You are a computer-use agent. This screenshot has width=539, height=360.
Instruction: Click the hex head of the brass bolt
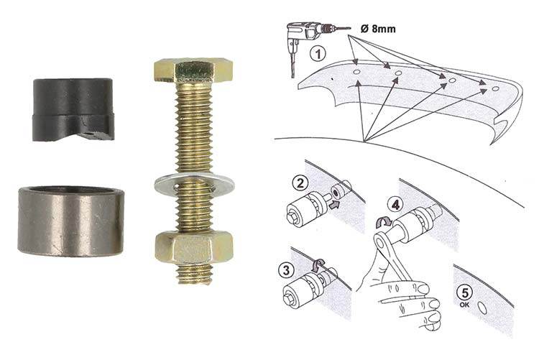point(193,71)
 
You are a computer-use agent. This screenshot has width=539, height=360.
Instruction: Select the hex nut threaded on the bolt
point(194,248)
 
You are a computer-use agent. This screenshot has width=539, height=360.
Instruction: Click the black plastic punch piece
point(73,109)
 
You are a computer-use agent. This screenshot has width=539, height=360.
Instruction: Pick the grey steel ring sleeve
point(70,221)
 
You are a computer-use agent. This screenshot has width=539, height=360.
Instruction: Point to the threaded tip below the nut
point(194,274)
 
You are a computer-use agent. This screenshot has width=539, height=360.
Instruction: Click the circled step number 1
point(317,54)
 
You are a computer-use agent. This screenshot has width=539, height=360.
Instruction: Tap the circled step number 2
point(300,183)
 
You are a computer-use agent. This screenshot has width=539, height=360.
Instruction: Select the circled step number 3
point(286,270)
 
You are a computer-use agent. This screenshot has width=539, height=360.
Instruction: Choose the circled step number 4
point(395,205)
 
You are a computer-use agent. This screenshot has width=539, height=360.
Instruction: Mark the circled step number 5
point(465,293)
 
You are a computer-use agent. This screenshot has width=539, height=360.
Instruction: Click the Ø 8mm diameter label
point(378,28)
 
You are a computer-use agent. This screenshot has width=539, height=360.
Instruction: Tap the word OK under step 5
point(464,305)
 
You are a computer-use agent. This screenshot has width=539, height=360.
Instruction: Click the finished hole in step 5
point(482,308)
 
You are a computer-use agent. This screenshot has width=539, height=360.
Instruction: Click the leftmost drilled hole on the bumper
point(356,72)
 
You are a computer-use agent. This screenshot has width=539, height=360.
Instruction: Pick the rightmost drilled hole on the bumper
point(495,88)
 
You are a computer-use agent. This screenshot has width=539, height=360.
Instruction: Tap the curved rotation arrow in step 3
point(319,264)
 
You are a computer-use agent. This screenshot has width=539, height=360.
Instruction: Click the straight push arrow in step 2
point(333,205)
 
